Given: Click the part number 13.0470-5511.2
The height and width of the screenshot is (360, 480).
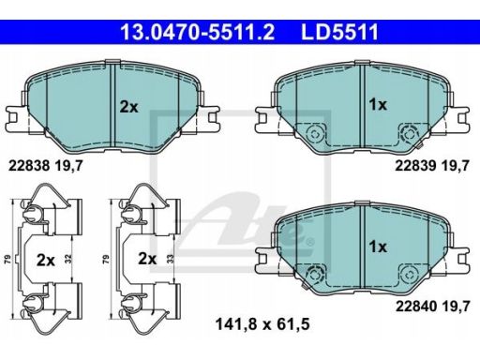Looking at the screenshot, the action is coord(198,32).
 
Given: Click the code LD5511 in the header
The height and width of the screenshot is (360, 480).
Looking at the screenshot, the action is coord(339,32).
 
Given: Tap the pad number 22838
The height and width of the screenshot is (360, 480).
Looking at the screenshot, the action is coord(29,166).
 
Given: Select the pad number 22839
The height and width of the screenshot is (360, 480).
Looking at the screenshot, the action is coord(415,166).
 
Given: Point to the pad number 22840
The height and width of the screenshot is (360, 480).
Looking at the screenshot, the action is coord(416,307).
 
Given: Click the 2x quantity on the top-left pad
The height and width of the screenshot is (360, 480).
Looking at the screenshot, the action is coord(129,107).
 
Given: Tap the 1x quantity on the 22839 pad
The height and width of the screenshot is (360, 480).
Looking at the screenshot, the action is coord(378,105).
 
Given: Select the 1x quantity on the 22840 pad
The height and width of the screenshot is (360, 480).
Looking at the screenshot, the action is coord(378,247).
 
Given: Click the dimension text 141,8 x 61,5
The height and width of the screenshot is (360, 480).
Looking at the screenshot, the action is coord(262,324).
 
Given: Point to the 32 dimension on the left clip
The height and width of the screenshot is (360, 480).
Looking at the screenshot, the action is coord(68,259).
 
